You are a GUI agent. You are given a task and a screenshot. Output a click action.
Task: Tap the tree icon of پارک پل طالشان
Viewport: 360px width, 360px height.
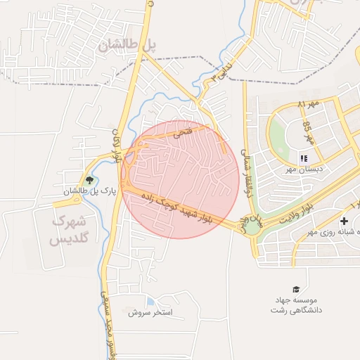[x=88, y=179]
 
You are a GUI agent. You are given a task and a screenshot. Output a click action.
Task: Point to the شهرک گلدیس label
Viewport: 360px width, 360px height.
[x=67, y=231]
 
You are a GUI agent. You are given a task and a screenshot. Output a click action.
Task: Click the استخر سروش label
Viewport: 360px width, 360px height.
[x=150, y=311]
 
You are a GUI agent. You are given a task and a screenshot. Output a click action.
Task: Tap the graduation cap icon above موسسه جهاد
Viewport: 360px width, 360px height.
[x=296, y=289]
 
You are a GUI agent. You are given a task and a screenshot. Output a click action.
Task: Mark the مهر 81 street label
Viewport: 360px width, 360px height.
[x=308, y=104]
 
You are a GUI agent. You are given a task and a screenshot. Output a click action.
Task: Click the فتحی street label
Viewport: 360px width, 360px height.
[x=181, y=130]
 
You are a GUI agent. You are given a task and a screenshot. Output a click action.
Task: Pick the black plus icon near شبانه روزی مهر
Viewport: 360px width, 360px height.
[x=344, y=222]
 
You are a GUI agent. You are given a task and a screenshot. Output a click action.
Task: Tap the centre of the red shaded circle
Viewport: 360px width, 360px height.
[x=179, y=179]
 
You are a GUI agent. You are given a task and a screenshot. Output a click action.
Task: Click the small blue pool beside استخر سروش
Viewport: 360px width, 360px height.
[x=150, y=302]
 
